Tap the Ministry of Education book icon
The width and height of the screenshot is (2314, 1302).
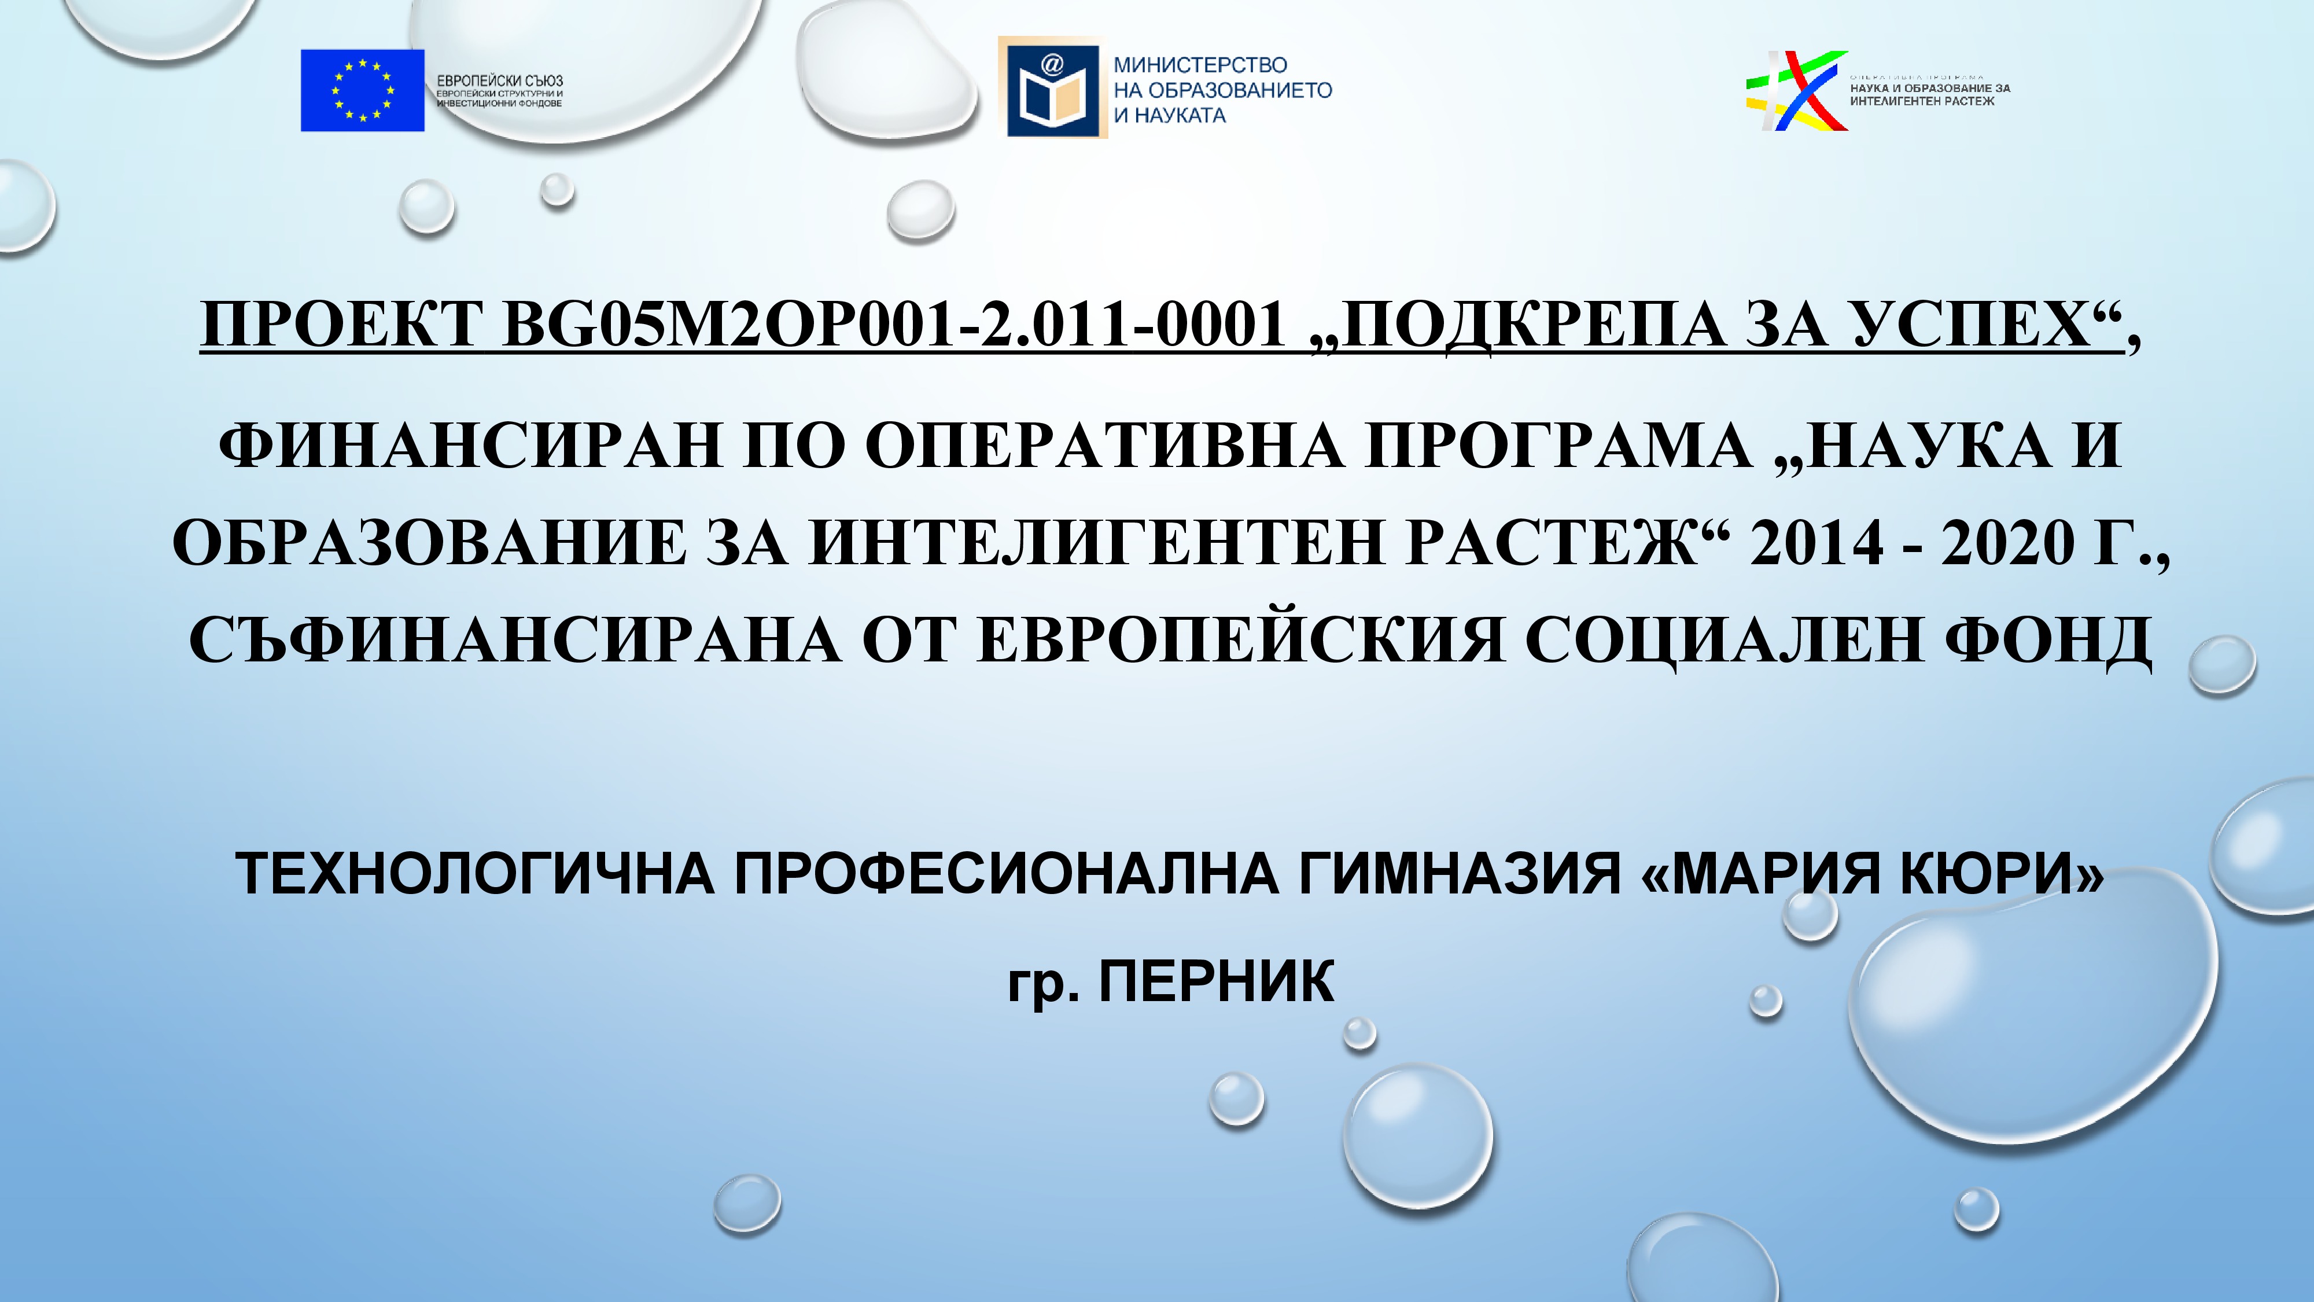(1048, 87)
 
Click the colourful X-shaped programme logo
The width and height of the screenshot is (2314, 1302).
(1797, 91)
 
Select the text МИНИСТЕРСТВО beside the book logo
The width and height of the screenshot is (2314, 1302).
(1200, 65)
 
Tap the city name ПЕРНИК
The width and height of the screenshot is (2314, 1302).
(1217, 981)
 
